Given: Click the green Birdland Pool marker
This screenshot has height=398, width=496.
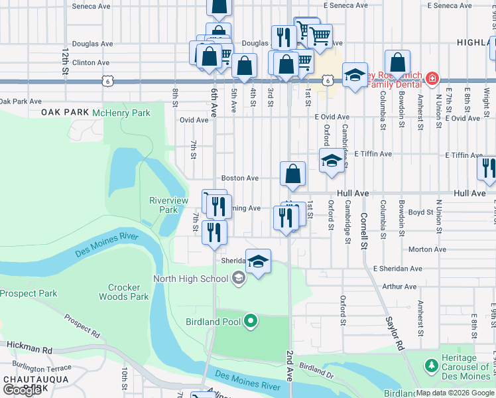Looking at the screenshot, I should point(250,322).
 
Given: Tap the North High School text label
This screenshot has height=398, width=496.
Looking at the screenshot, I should point(190,279).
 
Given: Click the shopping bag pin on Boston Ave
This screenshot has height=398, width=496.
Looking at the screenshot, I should point(292,174).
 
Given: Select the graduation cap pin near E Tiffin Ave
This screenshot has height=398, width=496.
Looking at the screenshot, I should point(332,161).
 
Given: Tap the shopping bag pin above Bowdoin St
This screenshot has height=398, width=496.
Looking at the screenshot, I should point(397,64).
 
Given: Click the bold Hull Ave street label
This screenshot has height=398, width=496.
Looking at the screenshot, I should point(352,193).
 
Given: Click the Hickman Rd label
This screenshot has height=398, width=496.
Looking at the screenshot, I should point(29,349).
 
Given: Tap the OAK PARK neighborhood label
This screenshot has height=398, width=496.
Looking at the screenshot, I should point(65,113).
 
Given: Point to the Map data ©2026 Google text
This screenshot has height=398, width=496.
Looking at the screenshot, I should point(455,393).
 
